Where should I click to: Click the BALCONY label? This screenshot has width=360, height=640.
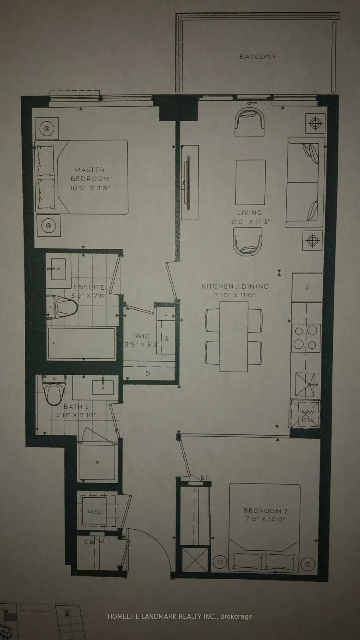pos(258,57)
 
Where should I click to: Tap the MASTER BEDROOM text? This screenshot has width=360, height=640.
pos(90,174)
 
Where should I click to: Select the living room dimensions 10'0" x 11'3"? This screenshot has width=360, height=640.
pos(249,222)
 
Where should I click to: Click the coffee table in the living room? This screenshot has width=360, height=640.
pos(250,182)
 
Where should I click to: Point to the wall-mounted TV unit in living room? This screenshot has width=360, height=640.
pos(189,182)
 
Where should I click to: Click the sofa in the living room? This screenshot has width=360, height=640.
pos(305,182)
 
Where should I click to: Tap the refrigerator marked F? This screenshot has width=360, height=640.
pos(307,288)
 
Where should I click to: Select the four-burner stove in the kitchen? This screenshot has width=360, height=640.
pos(306,337)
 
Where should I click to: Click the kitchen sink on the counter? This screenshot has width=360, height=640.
pos(305,384)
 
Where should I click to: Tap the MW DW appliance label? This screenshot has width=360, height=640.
pos(307,416)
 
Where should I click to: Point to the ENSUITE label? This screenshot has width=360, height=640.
pos(89,287)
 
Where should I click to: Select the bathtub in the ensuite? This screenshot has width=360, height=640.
pos(82,343)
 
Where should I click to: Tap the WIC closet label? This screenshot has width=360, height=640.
pos(142,336)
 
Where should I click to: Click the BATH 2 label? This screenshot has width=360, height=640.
pos(76,407)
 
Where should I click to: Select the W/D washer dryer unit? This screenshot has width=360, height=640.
pos(94,511)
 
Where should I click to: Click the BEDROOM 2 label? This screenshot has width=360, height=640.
pos(266,511)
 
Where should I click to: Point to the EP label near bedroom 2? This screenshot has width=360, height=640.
pos(205,478)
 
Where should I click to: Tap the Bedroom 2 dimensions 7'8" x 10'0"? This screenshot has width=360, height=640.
pos(266,519)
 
